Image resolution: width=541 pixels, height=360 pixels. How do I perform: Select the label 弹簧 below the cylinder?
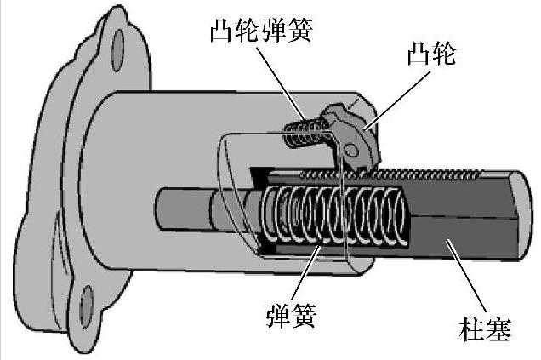click(x=292, y=317)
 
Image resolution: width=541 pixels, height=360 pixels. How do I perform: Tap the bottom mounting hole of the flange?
click(x=86, y=300)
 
